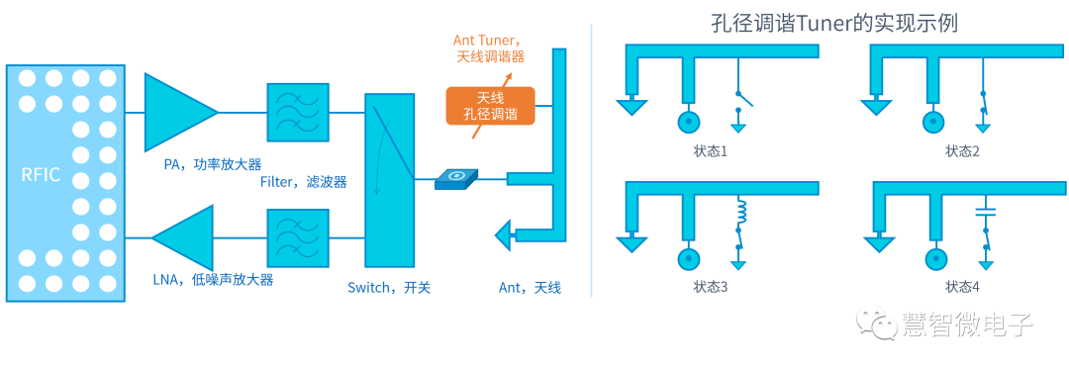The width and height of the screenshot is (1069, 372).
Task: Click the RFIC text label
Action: (41, 175)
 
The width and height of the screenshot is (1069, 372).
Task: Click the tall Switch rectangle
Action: (389, 179)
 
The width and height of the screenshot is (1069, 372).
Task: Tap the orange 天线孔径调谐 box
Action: (491, 106)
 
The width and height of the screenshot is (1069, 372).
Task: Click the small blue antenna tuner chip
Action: (456, 178)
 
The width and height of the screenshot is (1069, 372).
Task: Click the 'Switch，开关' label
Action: (389, 288)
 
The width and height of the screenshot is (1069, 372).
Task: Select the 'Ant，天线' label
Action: (530, 288)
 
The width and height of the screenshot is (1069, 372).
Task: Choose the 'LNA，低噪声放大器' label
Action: (212, 280)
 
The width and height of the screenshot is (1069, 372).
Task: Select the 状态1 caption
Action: (711, 151)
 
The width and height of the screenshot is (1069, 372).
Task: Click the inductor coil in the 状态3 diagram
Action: (738, 213)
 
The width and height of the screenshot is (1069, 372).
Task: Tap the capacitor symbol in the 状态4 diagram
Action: (985, 212)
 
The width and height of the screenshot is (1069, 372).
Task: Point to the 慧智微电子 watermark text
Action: (967, 325)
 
